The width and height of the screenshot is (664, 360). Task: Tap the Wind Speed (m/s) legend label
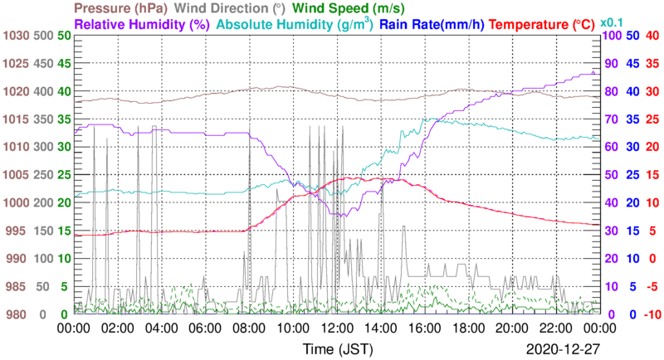pos(340,8)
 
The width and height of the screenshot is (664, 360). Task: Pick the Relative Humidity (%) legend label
pos(142,25)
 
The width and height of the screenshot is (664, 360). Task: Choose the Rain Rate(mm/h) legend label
pos(432,25)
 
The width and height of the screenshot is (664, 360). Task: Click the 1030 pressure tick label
pos(16,36)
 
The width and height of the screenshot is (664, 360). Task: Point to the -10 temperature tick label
pos(652,314)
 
